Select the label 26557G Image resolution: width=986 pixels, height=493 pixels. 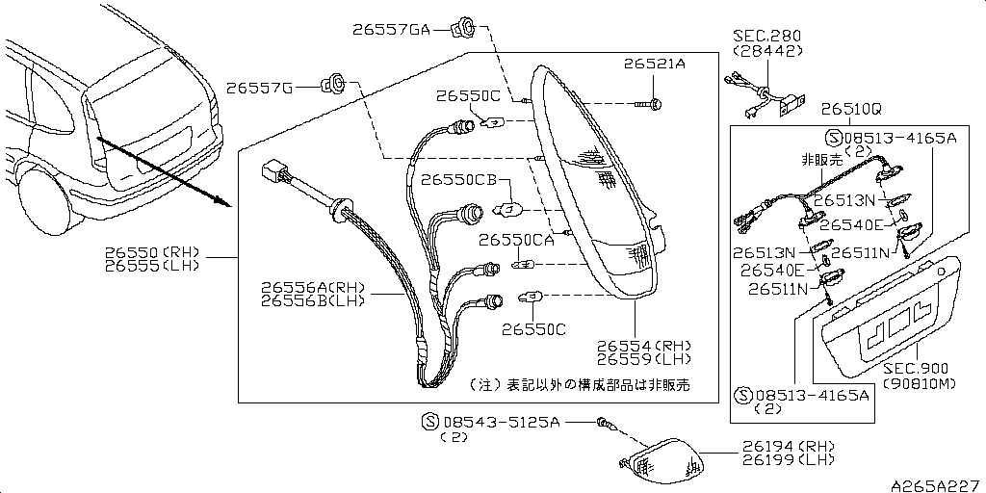260,89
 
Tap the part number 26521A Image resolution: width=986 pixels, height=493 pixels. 653,65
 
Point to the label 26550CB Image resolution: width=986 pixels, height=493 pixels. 458,180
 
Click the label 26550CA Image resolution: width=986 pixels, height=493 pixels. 516,240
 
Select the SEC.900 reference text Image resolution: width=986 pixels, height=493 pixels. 915,369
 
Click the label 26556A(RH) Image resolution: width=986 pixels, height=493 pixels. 313,287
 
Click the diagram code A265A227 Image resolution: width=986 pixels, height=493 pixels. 933,483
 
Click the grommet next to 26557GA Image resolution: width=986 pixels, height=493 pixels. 461,25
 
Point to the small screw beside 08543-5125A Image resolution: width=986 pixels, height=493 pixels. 603,422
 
